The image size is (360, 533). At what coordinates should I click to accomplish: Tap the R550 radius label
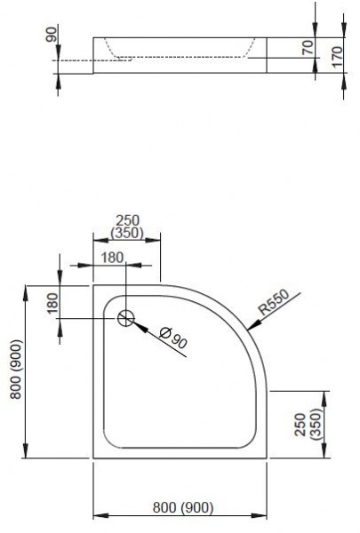coord(276,306)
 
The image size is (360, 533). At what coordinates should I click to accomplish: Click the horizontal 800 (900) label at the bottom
coord(180,507)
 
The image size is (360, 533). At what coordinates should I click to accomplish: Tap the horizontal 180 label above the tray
coord(112,256)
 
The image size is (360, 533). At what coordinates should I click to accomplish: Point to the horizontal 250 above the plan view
coord(126,220)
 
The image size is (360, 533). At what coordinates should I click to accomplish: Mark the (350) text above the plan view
coord(126,233)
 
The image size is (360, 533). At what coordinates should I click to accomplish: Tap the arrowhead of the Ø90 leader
coord(136,323)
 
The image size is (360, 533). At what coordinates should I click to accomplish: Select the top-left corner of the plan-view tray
coord(94,286)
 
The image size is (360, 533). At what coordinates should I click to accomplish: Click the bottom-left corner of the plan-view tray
coord(94,458)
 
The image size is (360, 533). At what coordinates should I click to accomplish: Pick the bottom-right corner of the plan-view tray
coord(267,458)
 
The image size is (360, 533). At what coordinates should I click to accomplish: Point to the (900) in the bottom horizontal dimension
coord(196,507)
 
